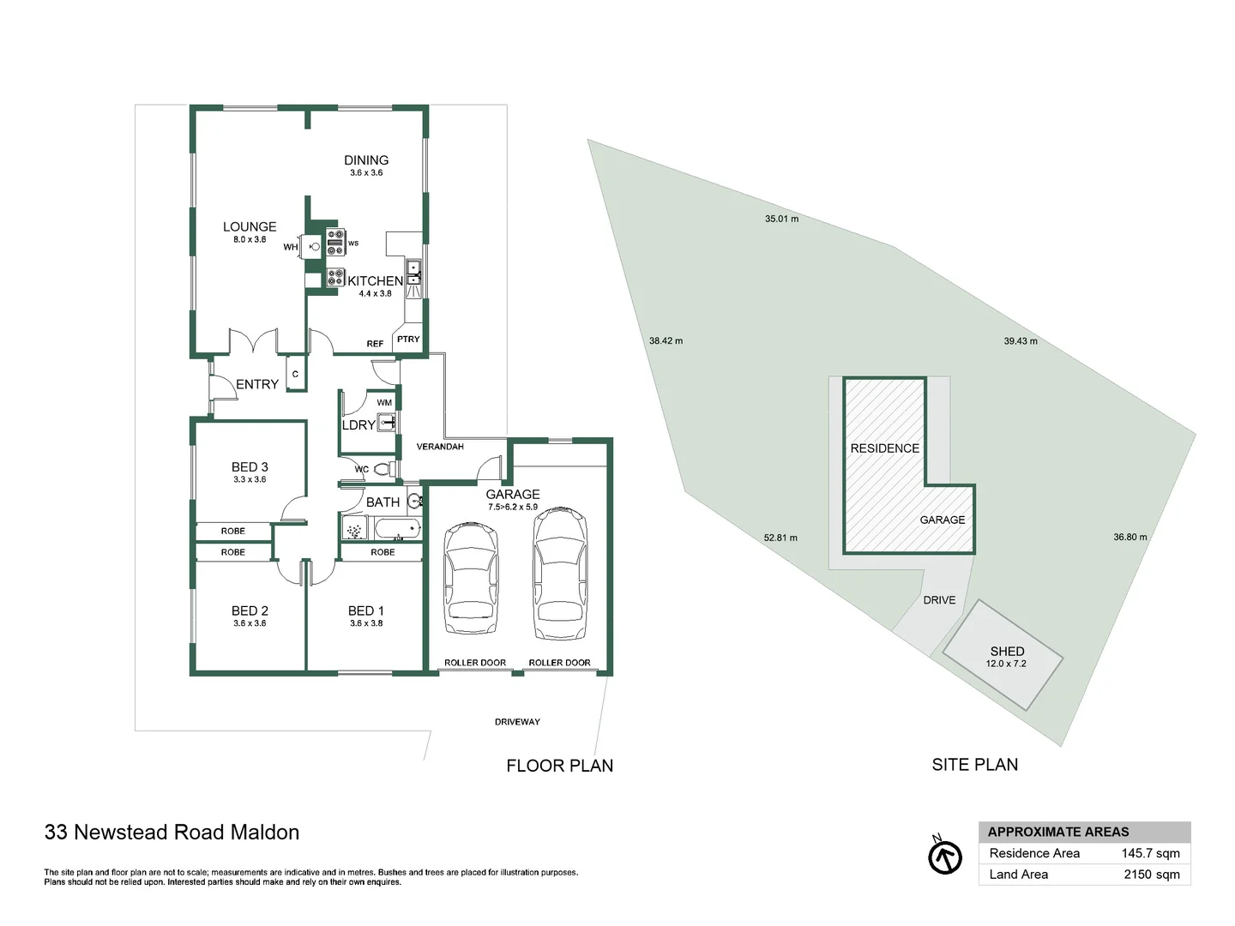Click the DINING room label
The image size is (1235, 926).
click(366, 160)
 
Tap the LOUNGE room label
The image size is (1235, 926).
click(250, 227)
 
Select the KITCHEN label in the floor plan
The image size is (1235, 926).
click(375, 281)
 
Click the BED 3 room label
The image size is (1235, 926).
click(250, 467)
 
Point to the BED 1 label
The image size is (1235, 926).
click(366, 611)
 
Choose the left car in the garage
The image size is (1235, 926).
click(471, 572)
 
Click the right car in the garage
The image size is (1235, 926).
click(560, 572)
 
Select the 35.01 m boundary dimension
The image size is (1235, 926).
click(781, 219)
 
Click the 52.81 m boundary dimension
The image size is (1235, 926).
click(780, 538)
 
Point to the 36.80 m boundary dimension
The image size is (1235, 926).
click(1130, 538)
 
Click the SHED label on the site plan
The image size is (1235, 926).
click(1007, 652)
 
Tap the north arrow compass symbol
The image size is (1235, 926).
click(945, 857)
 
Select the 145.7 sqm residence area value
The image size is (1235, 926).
click(1150, 853)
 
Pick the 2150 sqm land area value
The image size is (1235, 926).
click(1151, 875)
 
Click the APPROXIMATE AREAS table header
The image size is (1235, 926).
click(1058, 832)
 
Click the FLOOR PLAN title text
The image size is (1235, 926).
click(559, 766)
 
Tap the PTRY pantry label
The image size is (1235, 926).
click(408, 340)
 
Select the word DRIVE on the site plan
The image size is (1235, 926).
click(939, 600)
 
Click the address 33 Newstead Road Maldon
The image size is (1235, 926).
click(172, 833)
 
